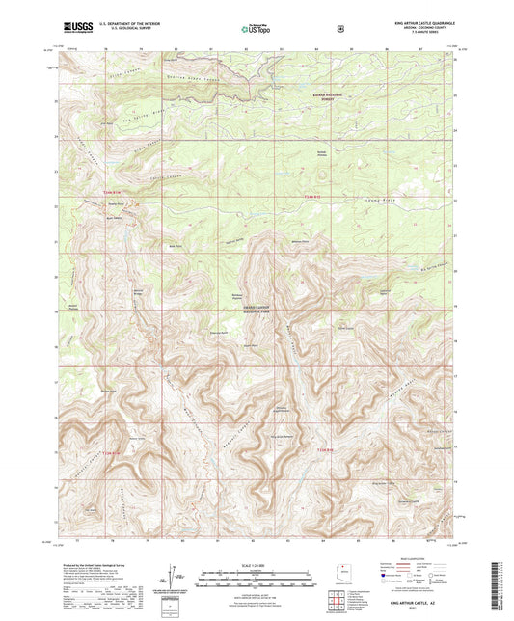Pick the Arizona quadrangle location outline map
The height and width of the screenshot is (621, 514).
point(338,571)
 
